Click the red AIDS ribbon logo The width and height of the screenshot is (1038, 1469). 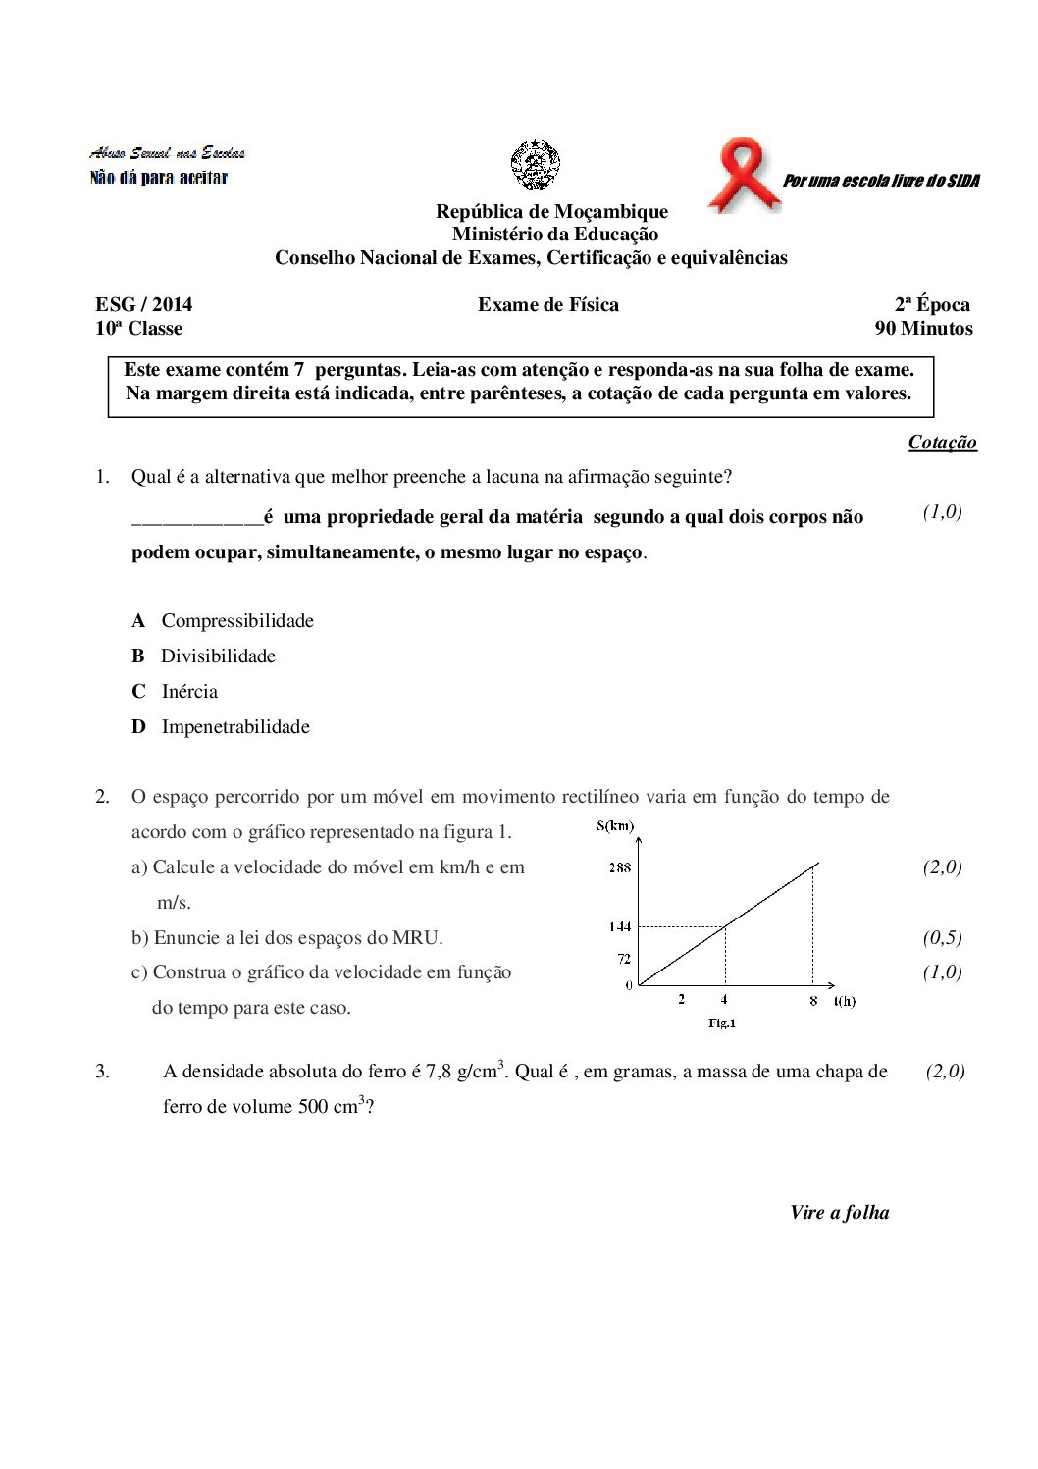point(745,175)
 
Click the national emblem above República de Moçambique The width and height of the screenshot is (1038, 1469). point(535,165)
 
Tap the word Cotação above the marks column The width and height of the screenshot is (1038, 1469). point(942,443)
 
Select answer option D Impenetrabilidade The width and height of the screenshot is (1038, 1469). point(234,727)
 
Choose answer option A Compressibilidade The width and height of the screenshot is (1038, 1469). point(236,621)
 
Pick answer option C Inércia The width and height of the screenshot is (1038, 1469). point(188,692)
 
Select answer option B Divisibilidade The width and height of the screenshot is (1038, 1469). point(217,656)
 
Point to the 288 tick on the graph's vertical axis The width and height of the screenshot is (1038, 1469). point(619,867)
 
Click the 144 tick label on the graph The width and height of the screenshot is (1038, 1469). point(619,926)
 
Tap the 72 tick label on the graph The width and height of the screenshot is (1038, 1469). point(623,959)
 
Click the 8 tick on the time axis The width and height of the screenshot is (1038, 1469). point(813,1001)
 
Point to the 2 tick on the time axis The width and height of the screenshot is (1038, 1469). point(681,1000)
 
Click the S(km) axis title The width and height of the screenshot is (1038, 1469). point(615,826)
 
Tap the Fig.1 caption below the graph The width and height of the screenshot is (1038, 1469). point(721,1023)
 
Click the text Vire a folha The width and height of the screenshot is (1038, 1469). point(839,1213)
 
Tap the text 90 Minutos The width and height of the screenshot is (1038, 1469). point(923,329)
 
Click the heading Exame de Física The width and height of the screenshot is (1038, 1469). point(548,305)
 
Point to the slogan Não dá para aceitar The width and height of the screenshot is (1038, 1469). point(159,179)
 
